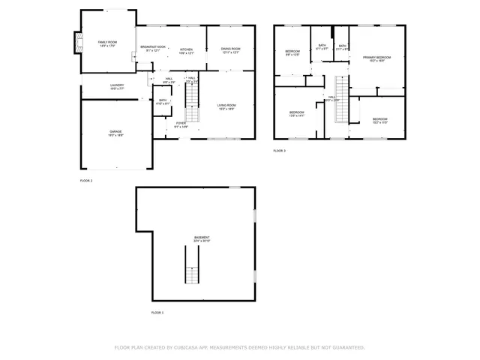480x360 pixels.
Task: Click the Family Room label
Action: [x=108, y=43]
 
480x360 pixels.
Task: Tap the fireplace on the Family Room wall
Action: [x=76, y=43]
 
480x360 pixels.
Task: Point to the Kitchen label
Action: [x=186, y=51]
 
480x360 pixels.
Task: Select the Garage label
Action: [x=115, y=133]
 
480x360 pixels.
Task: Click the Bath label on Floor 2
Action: [x=163, y=101]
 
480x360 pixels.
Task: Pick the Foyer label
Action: [x=181, y=124]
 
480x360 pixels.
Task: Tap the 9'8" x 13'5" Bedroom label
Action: [x=292, y=52]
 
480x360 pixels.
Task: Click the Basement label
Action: [x=202, y=239]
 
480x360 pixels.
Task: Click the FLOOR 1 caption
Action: [x=157, y=312]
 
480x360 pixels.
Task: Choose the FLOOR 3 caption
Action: [x=279, y=151]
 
